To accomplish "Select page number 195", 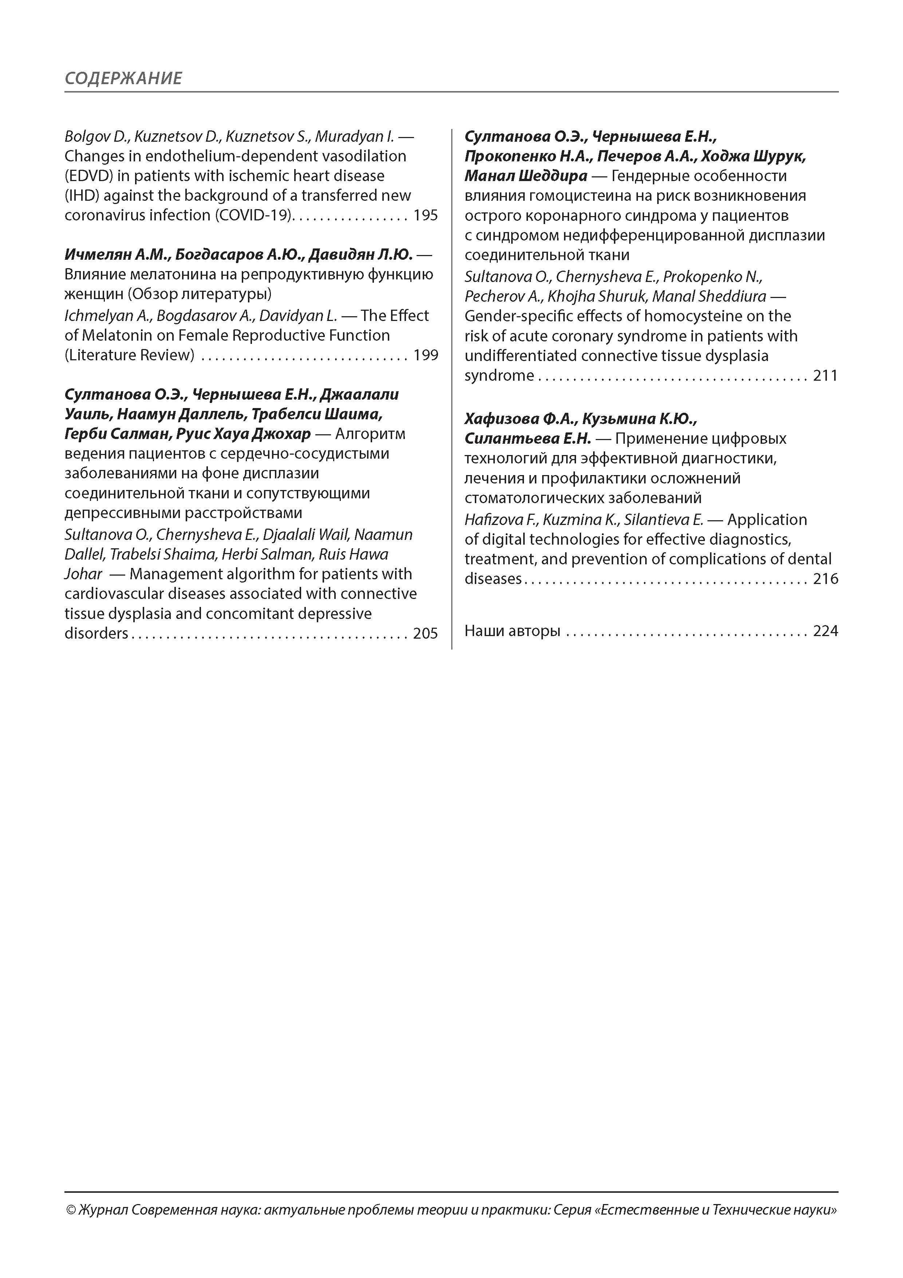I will coord(426,215).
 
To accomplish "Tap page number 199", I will coord(426,355).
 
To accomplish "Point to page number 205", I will coord(426,634).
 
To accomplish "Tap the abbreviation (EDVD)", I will coord(89,176).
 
